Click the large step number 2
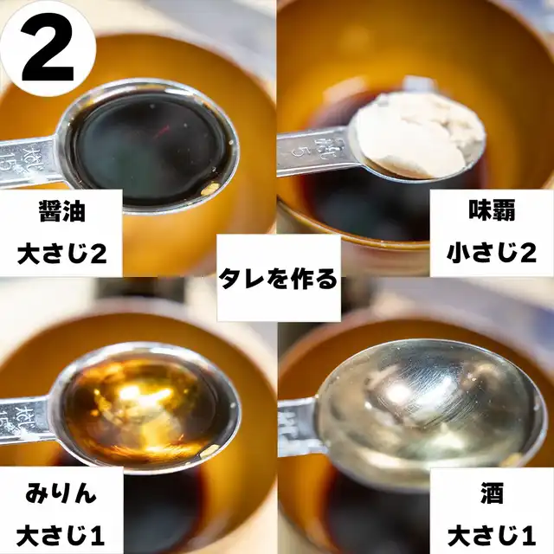pos(48,48)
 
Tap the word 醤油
pos(62,211)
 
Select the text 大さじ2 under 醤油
pos(62,254)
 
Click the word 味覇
pos(492,210)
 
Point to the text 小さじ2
pos(492,253)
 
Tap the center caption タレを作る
pos(278,279)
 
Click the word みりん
pos(61,493)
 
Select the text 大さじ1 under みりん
pos(61,536)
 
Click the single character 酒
pos(492,493)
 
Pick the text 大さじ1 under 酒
pos(492,536)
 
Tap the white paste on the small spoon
pos(421,136)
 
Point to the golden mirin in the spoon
pos(141,406)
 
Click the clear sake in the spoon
pos(428,406)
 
